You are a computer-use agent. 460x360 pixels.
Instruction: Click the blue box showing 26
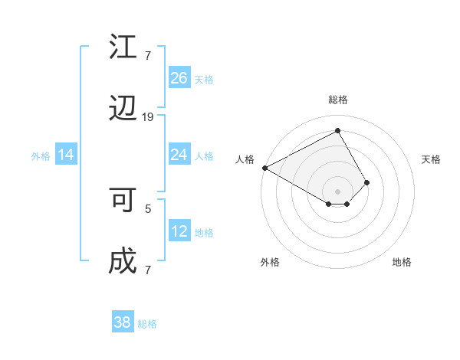pyautogui.click(x=179, y=78)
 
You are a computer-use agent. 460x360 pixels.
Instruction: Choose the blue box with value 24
pyautogui.click(x=179, y=155)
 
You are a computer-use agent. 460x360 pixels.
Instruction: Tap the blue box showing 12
pyautogui.click(x=179, y=231)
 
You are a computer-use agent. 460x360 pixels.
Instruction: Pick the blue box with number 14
pyautogui.click(x=66, y=155)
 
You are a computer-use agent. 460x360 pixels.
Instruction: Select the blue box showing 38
pyautogui.click(x=123, y=322)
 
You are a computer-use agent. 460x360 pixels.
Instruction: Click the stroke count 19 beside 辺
pyautogui.click(x=148, y=116)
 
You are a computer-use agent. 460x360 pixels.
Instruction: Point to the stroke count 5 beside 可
pyautogui.click(x=148, y=208)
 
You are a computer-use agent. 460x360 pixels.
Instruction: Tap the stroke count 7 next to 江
pyautogui.click(x=147, y=55)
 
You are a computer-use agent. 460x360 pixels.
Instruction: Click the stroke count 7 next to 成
pyautogui.click(x=147, y=270)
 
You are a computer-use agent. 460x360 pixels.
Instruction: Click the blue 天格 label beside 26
pyautogui.click(x=204, y=79)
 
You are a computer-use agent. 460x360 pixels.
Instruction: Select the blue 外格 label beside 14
pyautogui.click(x=41, y=155)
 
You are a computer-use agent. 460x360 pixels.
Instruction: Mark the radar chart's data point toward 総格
pyautogui.click(x=337, y=131)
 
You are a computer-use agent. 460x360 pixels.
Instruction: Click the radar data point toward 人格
pyautogui.click(x=264, y=168)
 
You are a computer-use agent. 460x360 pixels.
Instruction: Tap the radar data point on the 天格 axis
pyautogui.click(x=367, y=182)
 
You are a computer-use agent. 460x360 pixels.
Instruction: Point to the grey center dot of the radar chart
pyautogui.click(x=337, y=191)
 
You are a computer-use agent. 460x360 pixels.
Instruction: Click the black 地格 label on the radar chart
pyautogui.click(x=402, y=263)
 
